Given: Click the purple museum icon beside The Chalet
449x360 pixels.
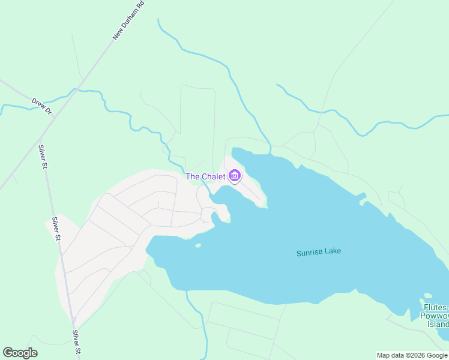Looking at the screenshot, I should tap(234, 176).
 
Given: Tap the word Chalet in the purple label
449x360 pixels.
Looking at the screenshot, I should tap(213, 176).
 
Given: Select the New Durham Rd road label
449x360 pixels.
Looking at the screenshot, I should tap(129, 21).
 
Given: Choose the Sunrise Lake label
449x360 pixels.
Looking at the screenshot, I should tap(318, 252).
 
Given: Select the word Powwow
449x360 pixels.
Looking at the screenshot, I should tap(435, 316).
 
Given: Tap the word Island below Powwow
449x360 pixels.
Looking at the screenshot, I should tap(438, 325).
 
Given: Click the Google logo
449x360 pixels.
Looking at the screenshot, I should tap(20, 353).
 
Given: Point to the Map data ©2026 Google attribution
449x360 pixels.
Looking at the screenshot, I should tap(412, 355).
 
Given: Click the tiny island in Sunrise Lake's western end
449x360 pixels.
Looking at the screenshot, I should tap(197, 245).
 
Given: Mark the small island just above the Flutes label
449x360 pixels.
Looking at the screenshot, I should tap(427, 295).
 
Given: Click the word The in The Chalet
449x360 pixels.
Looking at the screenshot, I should tap(192, 176).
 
